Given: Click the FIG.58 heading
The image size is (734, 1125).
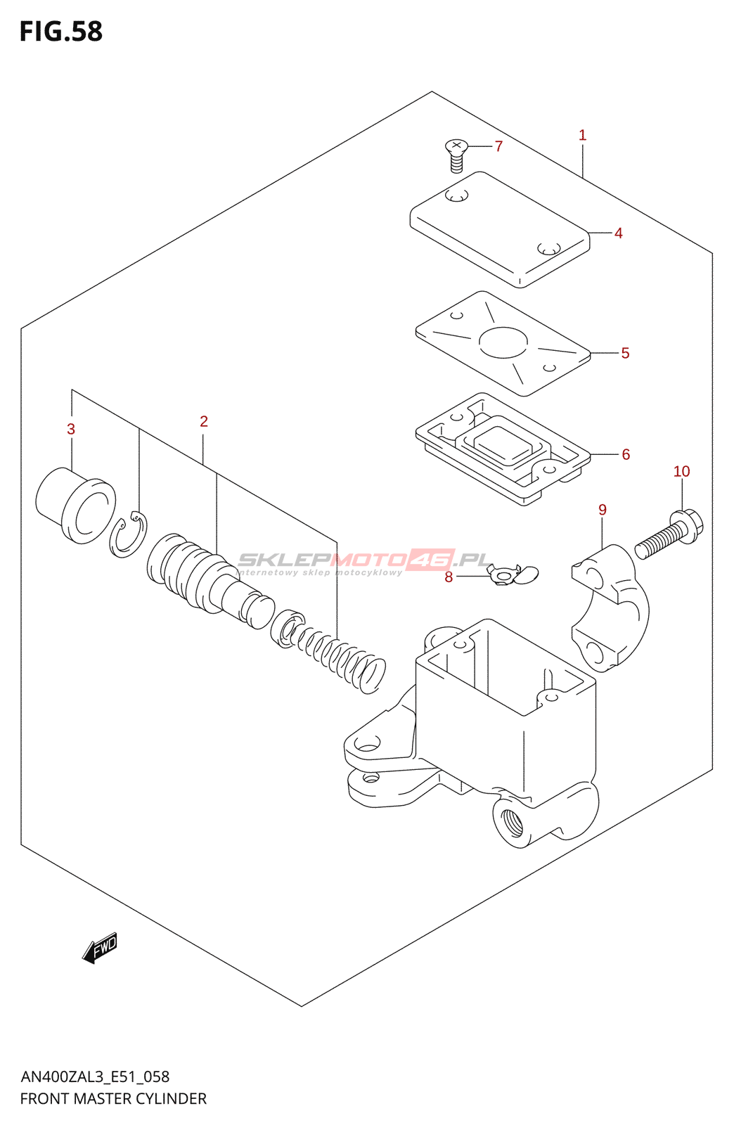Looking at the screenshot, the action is [61, 32].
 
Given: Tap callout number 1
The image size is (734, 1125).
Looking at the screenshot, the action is [582, 135].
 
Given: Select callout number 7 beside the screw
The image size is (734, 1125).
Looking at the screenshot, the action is [498, 146].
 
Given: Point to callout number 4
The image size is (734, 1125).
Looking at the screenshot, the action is [618, 233].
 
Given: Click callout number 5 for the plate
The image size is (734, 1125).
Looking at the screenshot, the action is [625, 353].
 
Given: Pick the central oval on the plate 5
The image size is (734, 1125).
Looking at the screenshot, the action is [503, 342].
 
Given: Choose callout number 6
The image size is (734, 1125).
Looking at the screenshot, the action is [626, 454].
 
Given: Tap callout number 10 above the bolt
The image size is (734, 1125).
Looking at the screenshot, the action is [681, 471].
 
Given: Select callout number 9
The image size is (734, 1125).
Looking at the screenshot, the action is [603, 510].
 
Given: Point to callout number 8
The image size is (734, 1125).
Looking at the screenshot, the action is [449, 577].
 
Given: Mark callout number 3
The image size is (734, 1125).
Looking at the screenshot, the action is [71, 429].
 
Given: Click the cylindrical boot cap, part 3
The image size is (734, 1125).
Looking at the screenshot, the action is [75, 505].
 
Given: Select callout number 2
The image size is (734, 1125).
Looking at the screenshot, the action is [204, 421].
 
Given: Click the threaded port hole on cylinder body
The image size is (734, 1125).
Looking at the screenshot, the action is [511, 823].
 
